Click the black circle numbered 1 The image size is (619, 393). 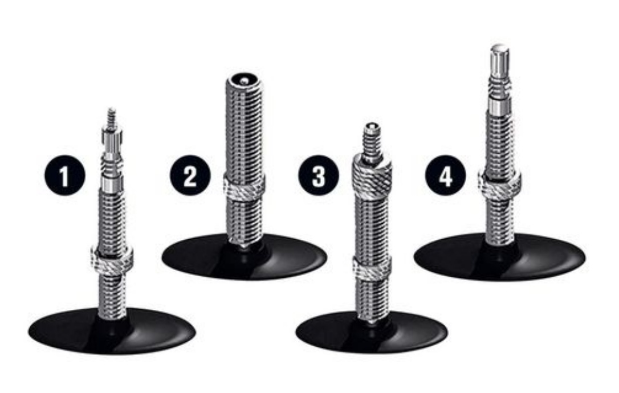[x=64, y=175]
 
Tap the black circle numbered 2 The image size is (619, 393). [x=190, y=175]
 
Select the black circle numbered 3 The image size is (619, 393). [x=319, y=175]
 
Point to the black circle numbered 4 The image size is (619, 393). [x=445, y=175]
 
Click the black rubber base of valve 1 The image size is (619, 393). [x=112, y=331]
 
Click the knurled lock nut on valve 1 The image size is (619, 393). [x=112, y=260]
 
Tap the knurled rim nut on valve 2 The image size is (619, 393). [x=245, y=187]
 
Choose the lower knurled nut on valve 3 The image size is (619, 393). [x=372, y=268]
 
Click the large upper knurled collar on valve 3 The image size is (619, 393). [x=372, y=172]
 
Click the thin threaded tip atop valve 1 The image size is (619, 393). [x=112, y=116]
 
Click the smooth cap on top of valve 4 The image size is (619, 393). [x=500, y=60]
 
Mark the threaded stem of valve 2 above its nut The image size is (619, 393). [x=245, y=130]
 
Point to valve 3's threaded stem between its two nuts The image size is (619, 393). [x=372, y=223]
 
